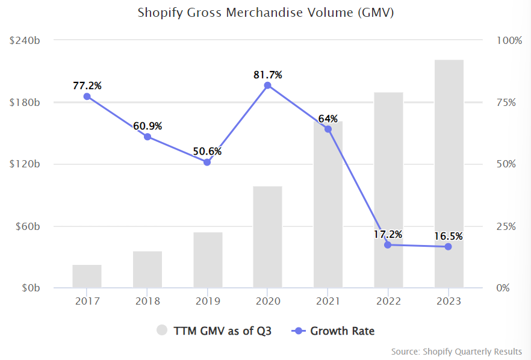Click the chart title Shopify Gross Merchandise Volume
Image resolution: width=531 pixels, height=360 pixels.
(265, 12)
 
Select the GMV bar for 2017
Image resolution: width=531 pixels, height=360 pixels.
(87, 276)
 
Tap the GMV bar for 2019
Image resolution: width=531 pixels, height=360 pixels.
(208, 260)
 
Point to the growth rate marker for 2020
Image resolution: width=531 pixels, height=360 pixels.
(268, 85)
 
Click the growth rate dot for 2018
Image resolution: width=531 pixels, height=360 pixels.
(147, 137)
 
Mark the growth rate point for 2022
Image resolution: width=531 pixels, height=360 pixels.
(388, 245)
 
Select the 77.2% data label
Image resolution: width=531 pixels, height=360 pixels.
(87, 85)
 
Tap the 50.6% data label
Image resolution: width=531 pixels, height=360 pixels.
(207, 151)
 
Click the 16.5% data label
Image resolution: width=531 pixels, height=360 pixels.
(449, 236)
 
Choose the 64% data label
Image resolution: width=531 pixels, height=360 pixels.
(328, 118)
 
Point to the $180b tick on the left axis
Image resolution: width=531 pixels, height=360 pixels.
(25, 102)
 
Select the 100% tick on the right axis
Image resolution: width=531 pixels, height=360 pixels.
(509, 40)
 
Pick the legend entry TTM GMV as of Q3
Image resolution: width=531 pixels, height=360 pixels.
(214, 331)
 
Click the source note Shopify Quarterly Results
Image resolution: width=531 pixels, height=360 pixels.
(456, 352)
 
